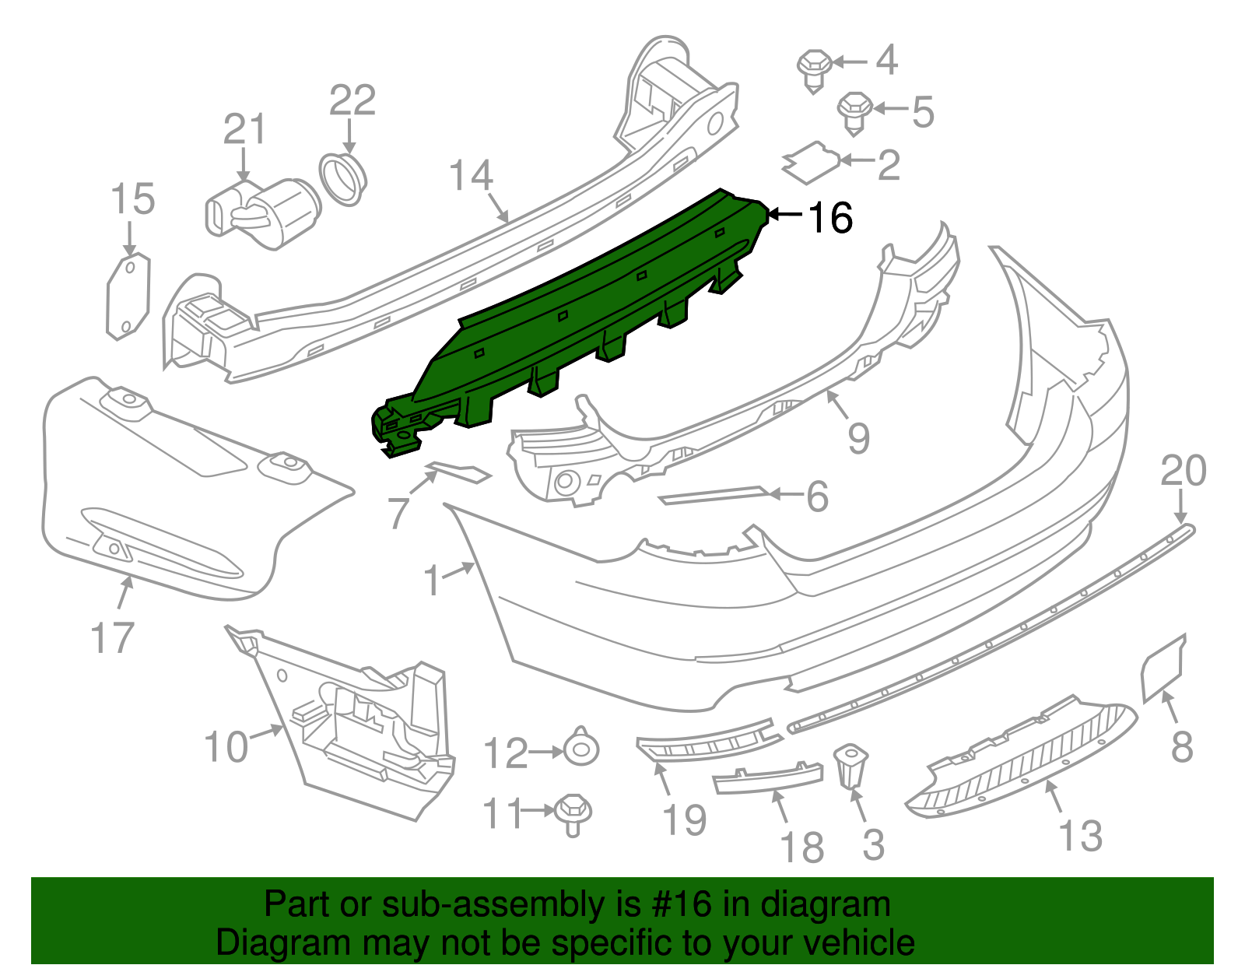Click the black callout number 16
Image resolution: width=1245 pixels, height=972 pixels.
(x=831, y=218)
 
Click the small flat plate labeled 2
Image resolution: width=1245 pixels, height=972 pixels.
(x=811, y=163)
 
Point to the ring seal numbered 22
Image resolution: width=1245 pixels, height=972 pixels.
(x=343, y=179)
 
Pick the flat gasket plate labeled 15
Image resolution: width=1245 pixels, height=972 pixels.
(x=128, y=297)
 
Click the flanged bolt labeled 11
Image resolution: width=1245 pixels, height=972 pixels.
(x=573, y=813)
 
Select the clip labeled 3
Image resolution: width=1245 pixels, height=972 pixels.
(x=850, y=766)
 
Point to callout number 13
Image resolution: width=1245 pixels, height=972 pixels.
(x=1080, y=836)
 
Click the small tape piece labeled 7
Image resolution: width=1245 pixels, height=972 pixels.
(x=458, y=472)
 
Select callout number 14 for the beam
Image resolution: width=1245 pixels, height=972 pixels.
(x=472, y=176)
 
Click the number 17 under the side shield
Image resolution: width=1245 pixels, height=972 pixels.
(x=113, y=638)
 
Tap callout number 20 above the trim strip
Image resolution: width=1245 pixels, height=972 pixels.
(x=1183, y=471)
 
